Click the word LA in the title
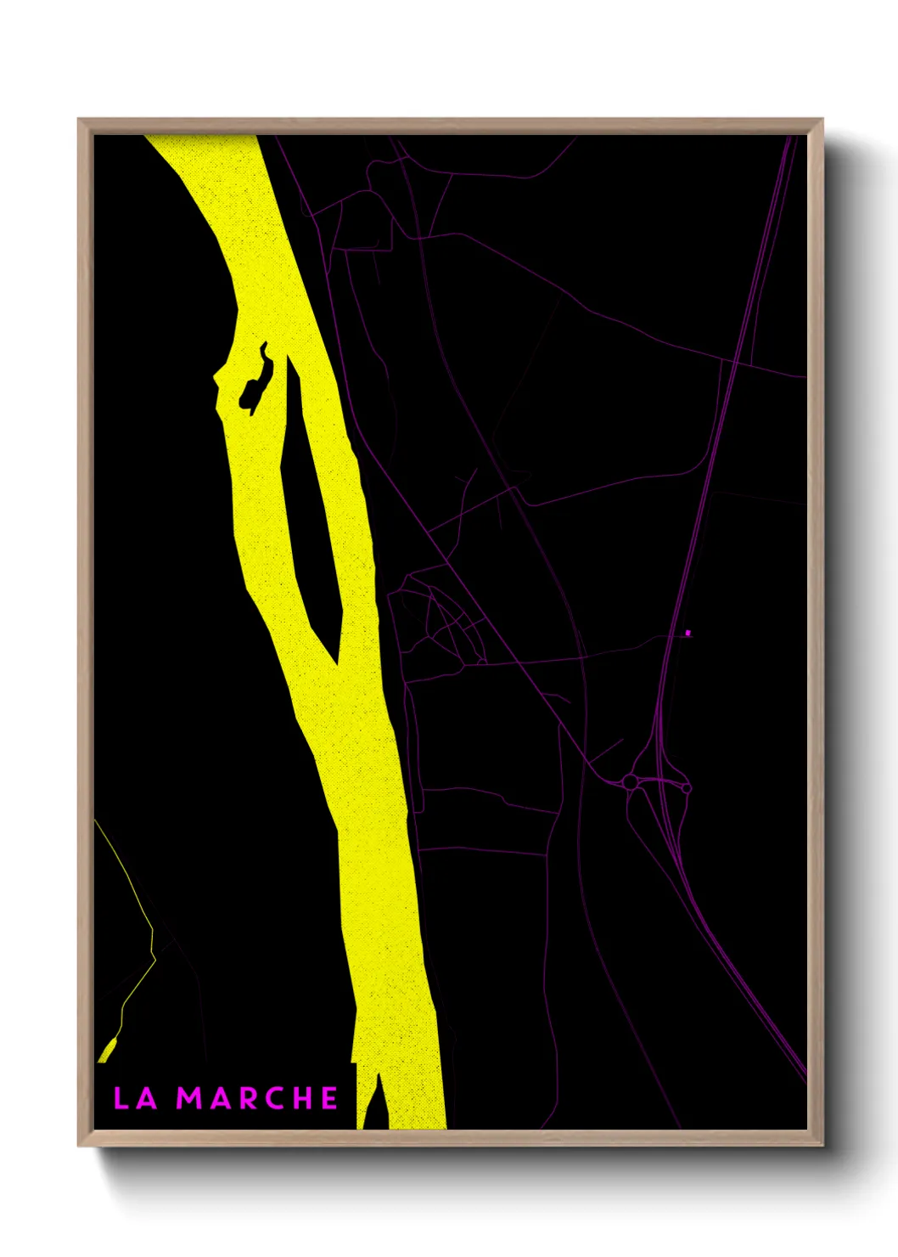click(x=136, y=1098)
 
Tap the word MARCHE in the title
click(x=258, y=1098)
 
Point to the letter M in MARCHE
click(x=191, y=1098)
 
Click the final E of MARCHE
click(x=329, y=1098)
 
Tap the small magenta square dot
click(x=688, y=633)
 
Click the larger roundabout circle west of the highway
click(x=630, y=781)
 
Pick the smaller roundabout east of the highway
click(x=687, y=788)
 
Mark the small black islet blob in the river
click(x=255, y=386)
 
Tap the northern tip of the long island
click(x=290, y=360)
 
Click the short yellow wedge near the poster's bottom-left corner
click(x=108, y=1050)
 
